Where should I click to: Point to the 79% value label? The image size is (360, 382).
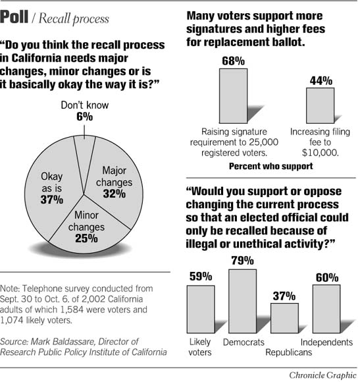pos(242,261)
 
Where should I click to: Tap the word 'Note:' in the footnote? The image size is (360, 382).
pos(12,289)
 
